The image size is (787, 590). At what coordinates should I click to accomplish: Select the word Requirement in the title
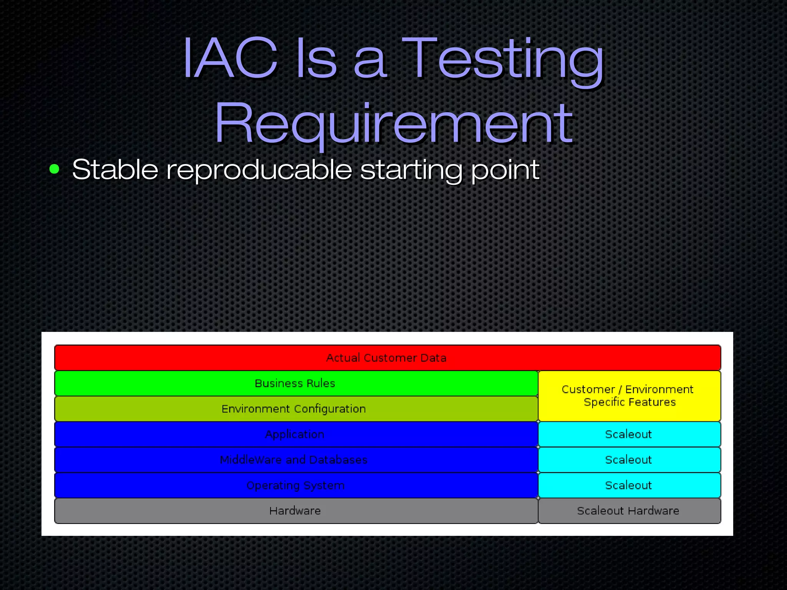coord(393,123)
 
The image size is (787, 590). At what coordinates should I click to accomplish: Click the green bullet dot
coord(55,169)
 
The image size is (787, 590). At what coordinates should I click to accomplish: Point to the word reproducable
coord(259,170)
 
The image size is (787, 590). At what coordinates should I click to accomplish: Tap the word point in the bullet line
coord(505,170)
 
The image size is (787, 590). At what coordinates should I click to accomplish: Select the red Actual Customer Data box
coord(387,358)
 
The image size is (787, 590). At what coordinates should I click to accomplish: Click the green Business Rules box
coord(295,383)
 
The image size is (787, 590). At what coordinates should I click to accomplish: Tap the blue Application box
coord(295,434)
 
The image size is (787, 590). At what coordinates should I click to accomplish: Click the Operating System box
coord(295,486)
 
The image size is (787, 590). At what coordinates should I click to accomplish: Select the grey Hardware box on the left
coord(295,511)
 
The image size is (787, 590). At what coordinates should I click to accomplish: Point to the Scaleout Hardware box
coord(629,511)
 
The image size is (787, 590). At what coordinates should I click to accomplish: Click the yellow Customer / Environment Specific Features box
coord(629,396)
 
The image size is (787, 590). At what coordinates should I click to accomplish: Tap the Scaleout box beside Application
coord(629,434)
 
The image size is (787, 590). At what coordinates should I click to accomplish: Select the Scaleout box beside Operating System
coord(629,486)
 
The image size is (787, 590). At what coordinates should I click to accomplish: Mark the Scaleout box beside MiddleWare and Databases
coord(629,460)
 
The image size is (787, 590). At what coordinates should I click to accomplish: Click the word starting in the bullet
coord(411,170)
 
